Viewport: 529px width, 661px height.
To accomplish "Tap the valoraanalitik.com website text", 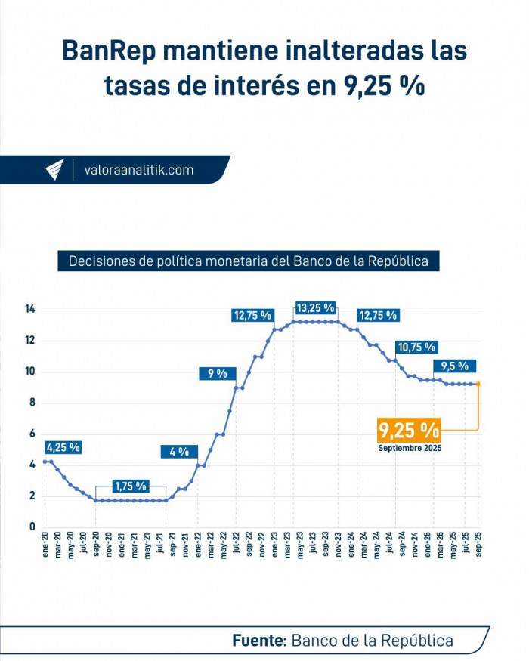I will pyautogui.click(x=138, y=170).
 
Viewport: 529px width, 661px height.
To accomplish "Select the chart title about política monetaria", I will pyautogui.click(x=249, y=261).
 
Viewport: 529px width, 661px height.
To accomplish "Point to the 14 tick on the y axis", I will pyautogui.click(x=30, y=309).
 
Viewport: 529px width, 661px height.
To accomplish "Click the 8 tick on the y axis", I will pyautogui.click(x=32, y=403).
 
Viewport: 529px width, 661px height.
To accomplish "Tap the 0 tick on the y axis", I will pyautogui.click(x=32, y=527).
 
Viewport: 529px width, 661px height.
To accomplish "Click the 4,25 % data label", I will pyautogui.click(x=63, y=447).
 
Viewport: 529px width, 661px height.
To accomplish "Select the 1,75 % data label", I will pyautogui.click(x=130, y=486).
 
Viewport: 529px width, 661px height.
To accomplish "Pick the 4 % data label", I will pyautogui.click(x=179, y=452).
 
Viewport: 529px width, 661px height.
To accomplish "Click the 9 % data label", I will pyautogui.click(x=218, y=373).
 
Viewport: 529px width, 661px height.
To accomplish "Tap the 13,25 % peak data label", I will pyautogui.click(x=315, y=307).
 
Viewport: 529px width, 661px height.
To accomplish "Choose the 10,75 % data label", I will pyautogui.click(x=416, y=347).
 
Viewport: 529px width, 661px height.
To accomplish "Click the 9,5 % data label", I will pyautogui.click(x=455, y=366).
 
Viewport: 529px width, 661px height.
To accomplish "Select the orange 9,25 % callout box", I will pyautogui.click(x=409, y=431).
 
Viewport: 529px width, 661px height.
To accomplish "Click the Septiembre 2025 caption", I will pyautogui.click(x=410, y=448).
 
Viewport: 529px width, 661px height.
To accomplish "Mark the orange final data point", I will pyautogui.click(x=478, y=384).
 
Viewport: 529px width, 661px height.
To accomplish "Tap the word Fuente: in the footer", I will pyautogui.click(x=259, y=641).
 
